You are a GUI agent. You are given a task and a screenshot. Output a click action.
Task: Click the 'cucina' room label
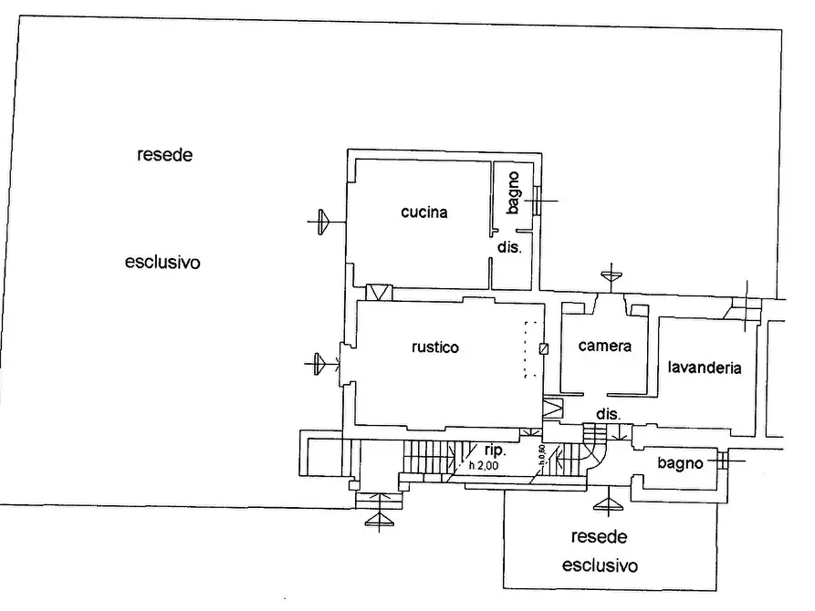pyautogui.click(x=424, y=213)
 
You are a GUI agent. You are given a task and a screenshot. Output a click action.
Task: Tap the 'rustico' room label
pyautogui.click(x=434, y=347)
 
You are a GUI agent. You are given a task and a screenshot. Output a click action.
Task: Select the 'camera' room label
pyautogui.click(x=605, y=347)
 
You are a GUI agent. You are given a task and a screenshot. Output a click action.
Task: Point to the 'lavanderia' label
pyautogui.click(x=704, y=368)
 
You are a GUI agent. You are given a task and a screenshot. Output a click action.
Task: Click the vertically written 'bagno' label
pyautogui.click(x=513, y=192)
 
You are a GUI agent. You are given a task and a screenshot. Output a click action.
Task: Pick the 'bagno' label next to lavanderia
pyautogui.click(x=681, y=463)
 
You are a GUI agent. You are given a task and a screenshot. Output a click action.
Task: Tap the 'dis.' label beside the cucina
pyautogui.click(x=508, y=248)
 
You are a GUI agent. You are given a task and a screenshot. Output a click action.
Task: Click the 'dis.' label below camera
pyautogui.click(x=608, y=414)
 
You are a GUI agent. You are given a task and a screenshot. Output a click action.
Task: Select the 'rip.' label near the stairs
pyautogui.click(x=496, y=450)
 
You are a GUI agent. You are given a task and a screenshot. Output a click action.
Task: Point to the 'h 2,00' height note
pyautogui.click(x=484, y=465)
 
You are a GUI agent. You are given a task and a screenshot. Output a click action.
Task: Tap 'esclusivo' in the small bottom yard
pyautogui.click(x=599, y=565)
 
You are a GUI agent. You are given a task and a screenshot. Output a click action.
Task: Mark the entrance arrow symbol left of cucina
pyautogui.click(x=321, y=222)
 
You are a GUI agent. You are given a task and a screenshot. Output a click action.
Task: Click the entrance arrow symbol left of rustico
pyautogui.click(x=319, y=364)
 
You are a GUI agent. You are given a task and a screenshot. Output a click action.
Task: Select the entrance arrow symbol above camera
pyautogui.click(x=610, y=274)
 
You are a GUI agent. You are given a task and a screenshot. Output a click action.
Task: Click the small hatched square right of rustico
pyautogui.click(x=545, y=348)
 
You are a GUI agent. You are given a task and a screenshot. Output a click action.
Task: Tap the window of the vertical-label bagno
pyautogui.click(x=538, y=200)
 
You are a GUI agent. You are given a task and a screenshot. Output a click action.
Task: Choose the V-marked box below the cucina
pyautogui.click(x=378, y=293)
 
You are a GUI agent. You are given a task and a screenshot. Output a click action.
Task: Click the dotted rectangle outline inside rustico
pyautogui.click(x=526, y=350)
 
